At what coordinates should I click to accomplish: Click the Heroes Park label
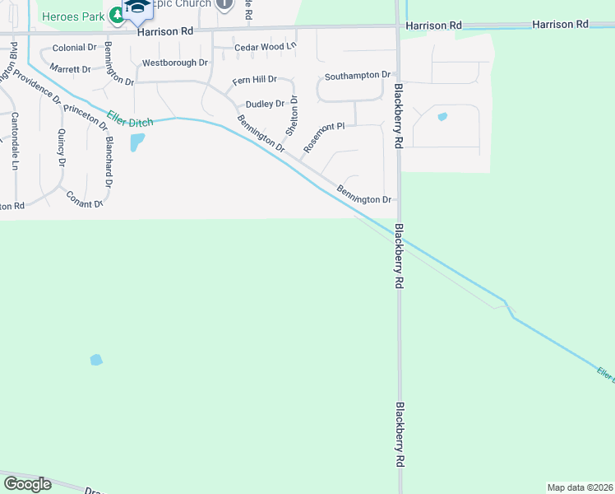[x=72, y=16]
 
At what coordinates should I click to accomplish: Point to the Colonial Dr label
[x=74, y=48]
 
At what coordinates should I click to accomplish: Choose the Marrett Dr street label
[x=69, y=68]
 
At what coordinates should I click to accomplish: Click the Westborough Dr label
[x=175, y=63]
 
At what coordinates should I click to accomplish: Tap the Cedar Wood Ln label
[x=264, y=48]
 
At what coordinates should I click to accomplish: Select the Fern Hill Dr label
[x=255, y=81]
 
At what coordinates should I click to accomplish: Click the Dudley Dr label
[x=265, y=104]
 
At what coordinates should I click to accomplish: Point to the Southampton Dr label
[x=357, y=75]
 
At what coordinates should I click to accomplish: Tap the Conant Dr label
[x=84, y=198]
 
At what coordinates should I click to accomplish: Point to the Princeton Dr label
[x=86, y=118]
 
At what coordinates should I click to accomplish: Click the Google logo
[x=27, y=483]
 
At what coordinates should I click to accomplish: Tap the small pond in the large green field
[x=96, y=360]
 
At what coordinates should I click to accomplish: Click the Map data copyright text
[x=580, y=487]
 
